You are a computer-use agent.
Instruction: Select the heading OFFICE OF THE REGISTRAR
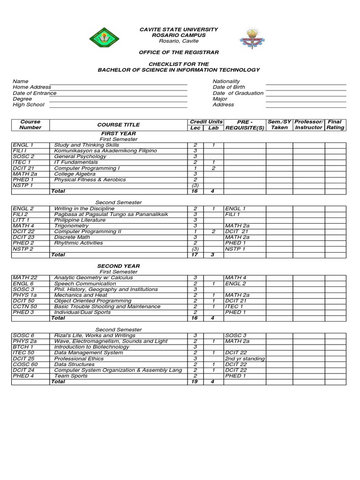click(x=179, y=52)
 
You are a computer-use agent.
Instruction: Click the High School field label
click(x=29, y=105)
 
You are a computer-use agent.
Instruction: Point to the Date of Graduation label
click(x=238, y=93)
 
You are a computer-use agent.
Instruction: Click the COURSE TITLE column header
click(x=118, y=125)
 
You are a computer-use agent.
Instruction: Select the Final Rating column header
click(x=335, y=125)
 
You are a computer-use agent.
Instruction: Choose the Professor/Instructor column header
click(x=308, y=125)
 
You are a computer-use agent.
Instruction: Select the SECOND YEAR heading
click(x=119, y=266)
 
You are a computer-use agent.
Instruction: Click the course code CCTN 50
click(x=24, y=307)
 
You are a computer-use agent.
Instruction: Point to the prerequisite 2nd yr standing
click(x=245, y=359)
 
